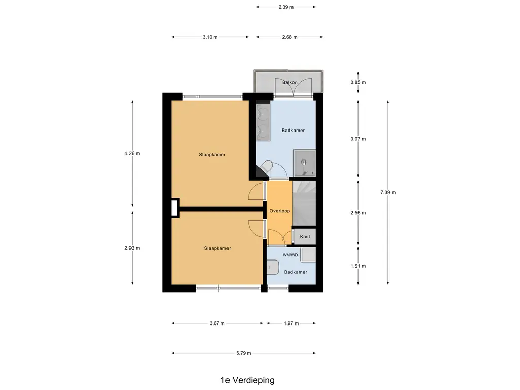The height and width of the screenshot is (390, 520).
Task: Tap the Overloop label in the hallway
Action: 279,210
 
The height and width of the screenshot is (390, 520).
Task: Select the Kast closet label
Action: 305,237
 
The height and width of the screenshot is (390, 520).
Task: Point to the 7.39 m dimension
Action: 388,192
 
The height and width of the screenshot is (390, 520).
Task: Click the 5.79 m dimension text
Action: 243,353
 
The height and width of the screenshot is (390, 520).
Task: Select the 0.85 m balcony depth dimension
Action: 359,82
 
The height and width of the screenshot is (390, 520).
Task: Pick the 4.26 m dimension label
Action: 132,153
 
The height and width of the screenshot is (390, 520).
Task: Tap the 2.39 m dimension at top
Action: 286,7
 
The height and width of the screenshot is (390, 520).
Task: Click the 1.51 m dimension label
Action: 359,266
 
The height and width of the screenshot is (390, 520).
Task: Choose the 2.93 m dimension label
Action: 132,248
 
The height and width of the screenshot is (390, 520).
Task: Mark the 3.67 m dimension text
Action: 217,323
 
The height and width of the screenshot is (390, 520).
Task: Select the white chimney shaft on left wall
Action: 175,207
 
